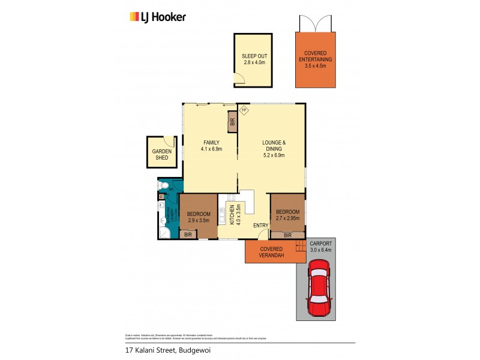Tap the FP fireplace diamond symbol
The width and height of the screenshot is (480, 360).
click(244, 110)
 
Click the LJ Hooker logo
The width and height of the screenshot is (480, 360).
click(158, 17)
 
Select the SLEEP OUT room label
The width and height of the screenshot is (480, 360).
click(254, 56)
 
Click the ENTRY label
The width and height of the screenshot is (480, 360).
click(260, 225)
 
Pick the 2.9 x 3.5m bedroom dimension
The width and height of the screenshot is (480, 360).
click(198, 221)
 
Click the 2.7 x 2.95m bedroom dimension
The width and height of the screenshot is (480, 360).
click(287, 218)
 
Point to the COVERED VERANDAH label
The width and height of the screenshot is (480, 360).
click(271, 252)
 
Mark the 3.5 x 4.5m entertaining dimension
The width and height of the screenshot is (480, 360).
click(315, 66)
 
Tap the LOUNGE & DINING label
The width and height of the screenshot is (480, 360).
click(274, 146)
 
